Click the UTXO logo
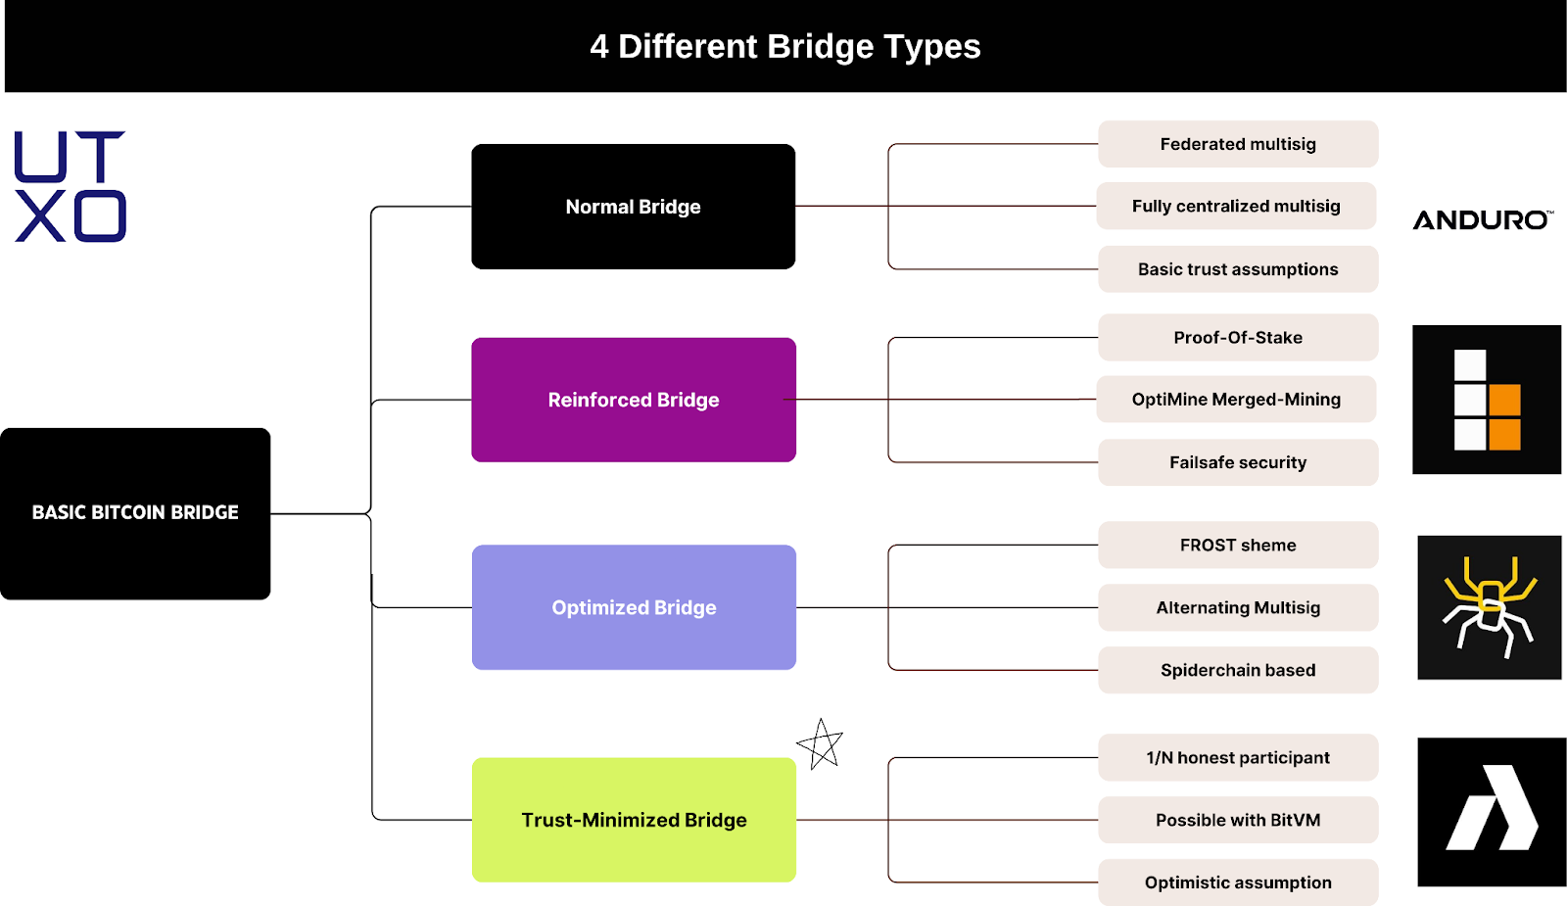pos(71,186)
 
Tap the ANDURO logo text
pos(1481,220)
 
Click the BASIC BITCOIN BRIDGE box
pos(135,513)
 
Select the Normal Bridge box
pos(633,207)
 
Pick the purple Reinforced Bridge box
pos(633,400)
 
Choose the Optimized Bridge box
pos(634,607)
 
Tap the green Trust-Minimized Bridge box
pos(634,820)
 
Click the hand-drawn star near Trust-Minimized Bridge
pos(821,745)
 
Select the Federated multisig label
pos(1238,144)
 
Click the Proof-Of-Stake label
pos(1238,338)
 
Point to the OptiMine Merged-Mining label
pos(1236,400)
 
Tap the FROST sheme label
pos(1238,546)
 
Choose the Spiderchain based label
pos(1238,670)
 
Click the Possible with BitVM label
pos(1238,820)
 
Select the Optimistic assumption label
pos(1238,882)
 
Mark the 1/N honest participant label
pos(1238,757)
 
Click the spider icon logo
pos(1489,607)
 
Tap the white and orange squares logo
pos(1487,400)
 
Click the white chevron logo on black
pos(1492,811)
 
